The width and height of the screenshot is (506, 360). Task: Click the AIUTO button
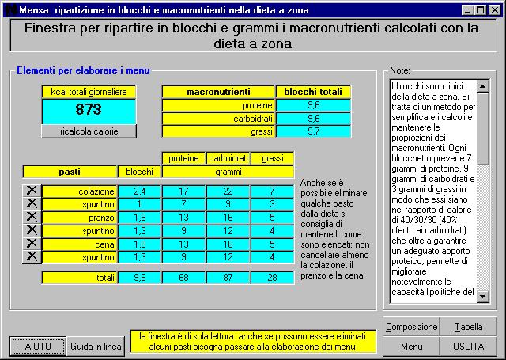click(x=38, y=347)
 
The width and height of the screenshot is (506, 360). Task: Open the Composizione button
click(x=411, y=327)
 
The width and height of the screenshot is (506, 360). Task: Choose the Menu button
click(x=411, y=347)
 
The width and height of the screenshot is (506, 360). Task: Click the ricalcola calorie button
click(x=89, y=131)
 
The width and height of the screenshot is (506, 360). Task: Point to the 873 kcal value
click(x=89, y=110)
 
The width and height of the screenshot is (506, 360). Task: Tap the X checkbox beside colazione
click(x=31, y=191)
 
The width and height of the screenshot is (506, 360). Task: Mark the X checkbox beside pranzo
click(x=31, y=217)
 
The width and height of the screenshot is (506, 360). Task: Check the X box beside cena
click(x=31, y=244)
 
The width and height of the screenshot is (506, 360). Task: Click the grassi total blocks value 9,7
click(x=314, y=131)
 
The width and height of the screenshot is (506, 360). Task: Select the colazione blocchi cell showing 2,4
click(x=140, y=191)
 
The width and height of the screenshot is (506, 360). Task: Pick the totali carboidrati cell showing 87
click(x=228, y=278)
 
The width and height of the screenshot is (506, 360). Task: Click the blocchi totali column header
click(x=314, y=92)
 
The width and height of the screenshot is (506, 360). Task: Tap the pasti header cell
click(x=70, y=171)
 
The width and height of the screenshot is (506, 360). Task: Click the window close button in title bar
click(x=497, y=9)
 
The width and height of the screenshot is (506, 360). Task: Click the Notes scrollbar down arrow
click(x=484, y=298)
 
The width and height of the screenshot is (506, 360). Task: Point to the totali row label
click(x=79, y=278)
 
